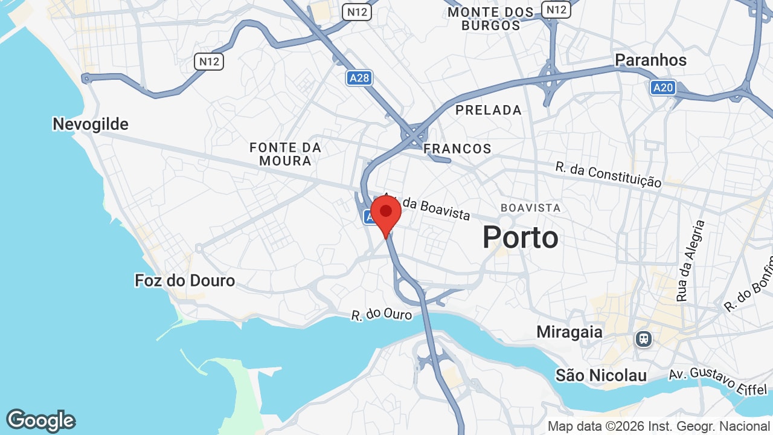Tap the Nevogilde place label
click(x=91, y=124)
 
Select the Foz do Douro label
click(x=185, y=280)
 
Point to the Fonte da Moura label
click(x=285, y=154)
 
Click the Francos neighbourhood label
click(x=457, y=149)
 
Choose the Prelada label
click(x=489, y=110)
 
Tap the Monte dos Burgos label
click(x=491, y=19)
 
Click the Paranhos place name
click(x=650, y=60)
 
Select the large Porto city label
click(x=520, y=237)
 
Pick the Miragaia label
click(x=569, y=332)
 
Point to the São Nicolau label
click(x=601, y=375)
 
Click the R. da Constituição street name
click(x=608, y=174)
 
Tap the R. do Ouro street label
click(x=382, y=315)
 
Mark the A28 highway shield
click(x=359, y=78)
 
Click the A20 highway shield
click(x=662, y=88)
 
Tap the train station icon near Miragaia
click(x=644, y=339)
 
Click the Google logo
click(x=40, y=420)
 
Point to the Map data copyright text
click(x=658, y=427)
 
